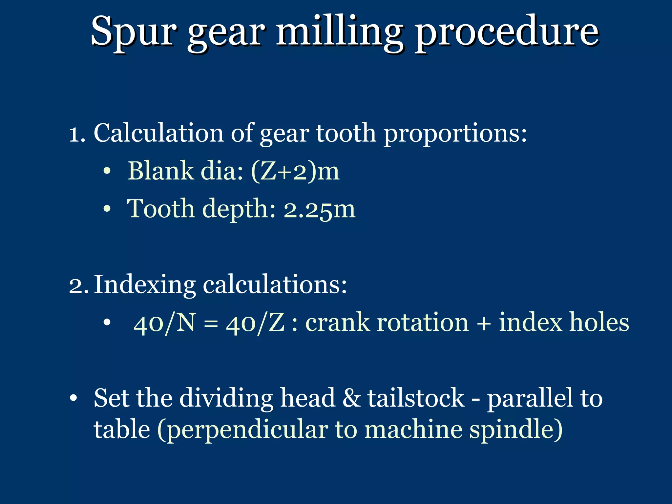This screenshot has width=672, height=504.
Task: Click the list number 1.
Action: click(x=77, y=134)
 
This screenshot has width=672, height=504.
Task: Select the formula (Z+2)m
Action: click(x=295, y=171)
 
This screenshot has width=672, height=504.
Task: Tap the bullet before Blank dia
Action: click(x=107, y=171)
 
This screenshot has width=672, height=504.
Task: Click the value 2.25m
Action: click(x=319, y=209)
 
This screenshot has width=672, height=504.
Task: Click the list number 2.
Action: click(x=78, y=285)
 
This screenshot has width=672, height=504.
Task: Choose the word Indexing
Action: click(x=145, y=285)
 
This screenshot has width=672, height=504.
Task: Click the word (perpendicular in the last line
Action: click(x=242, y=430)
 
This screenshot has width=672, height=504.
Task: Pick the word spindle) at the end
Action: click(x=515, y=430)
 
